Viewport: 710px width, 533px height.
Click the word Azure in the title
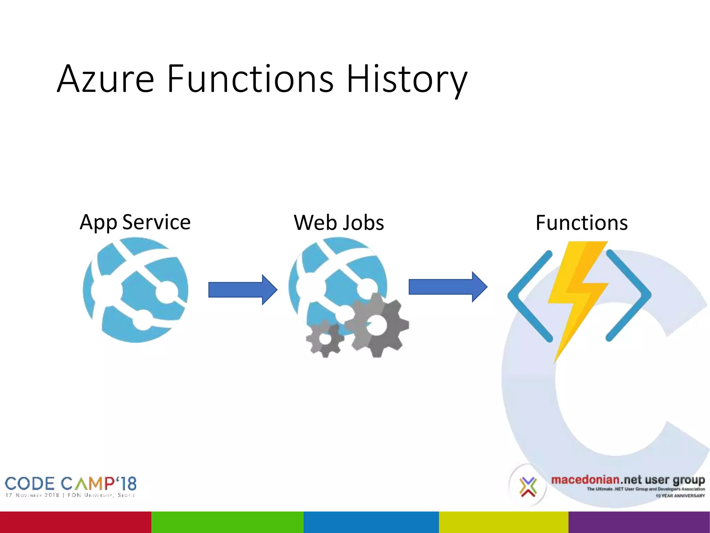click(x=106, y=79)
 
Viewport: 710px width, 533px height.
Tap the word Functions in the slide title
click(x=250, y=79)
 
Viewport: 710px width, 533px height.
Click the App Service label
click(x=135, y=222)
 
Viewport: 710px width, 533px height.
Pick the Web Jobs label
click(x=339, y=223)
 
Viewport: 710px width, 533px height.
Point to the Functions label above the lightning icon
click(x=581, y=223)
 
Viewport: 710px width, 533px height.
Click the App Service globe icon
click(x=136, y=290)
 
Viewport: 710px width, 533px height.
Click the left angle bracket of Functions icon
click(x=529, y=296)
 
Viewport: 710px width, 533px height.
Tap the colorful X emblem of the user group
click(x=528, y=487)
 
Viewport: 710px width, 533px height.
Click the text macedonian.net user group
click(x=628, y=480)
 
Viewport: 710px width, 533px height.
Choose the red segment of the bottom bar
click(x=76, y=522)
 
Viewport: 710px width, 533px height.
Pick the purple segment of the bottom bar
click(x=639, y=522)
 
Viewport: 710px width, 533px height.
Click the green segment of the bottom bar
click(x=227, y=522)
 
